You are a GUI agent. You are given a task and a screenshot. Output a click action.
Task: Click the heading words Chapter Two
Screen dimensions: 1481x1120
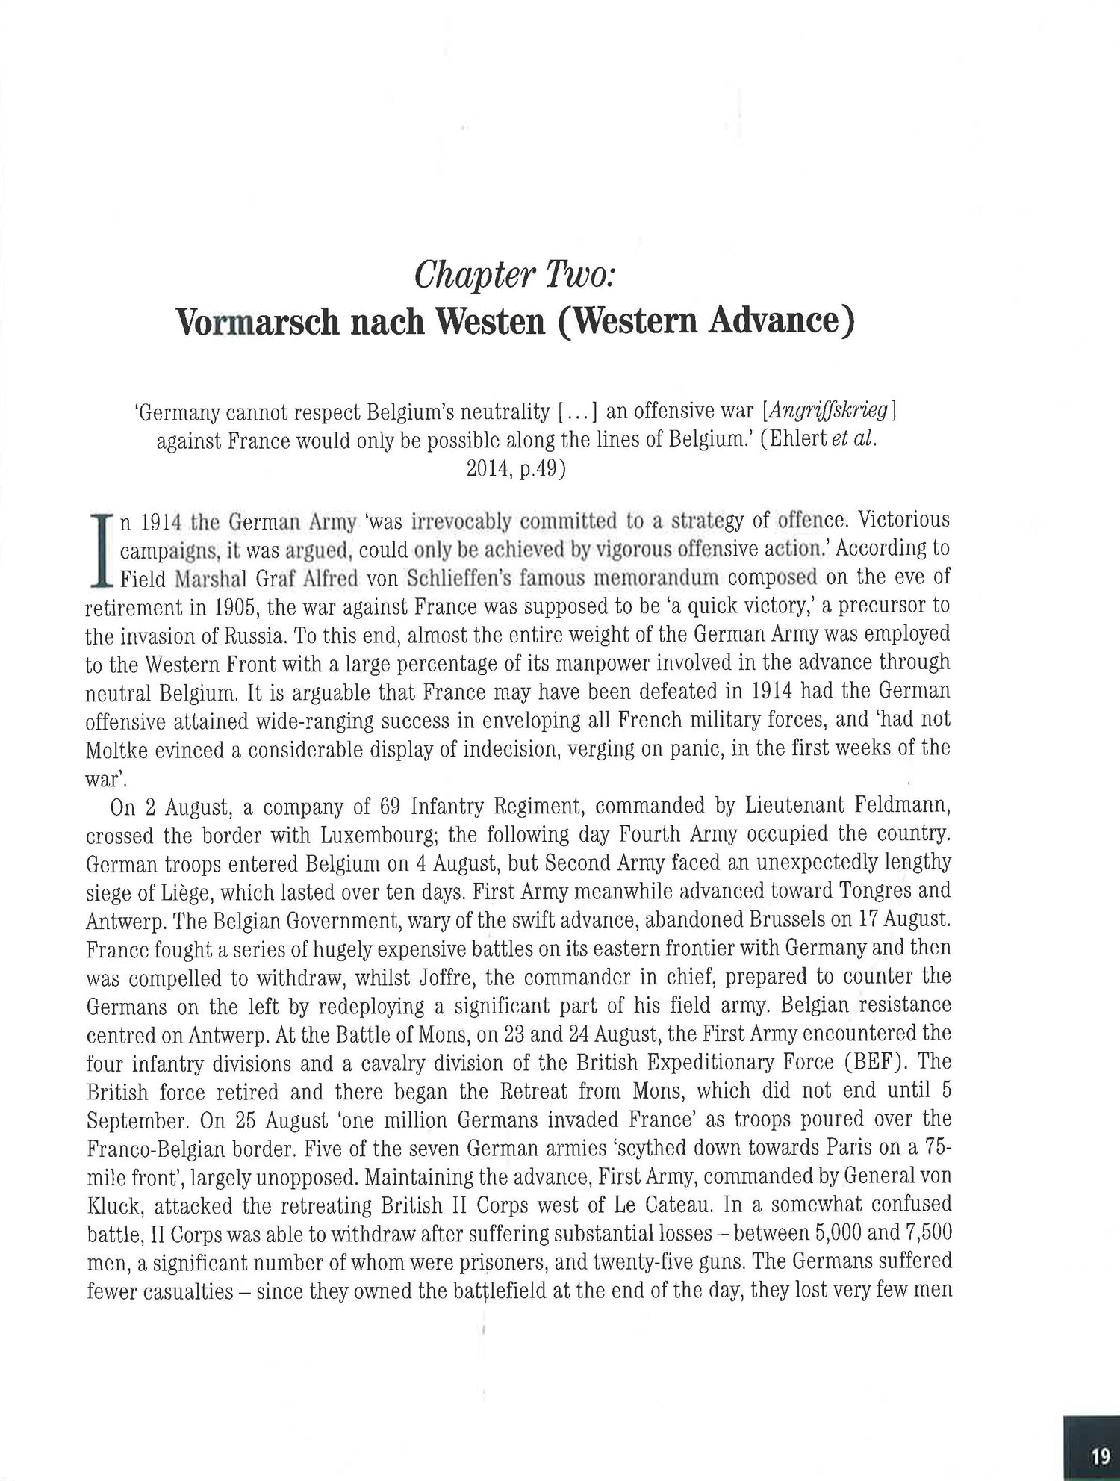(x=514, y=276)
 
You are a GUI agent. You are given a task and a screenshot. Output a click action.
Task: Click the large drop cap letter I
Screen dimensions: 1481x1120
(x=99, y=548)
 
